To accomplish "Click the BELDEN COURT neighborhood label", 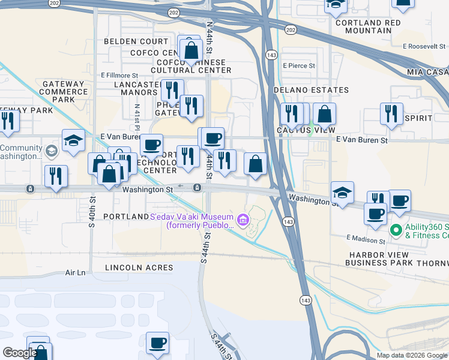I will tap(136, 41).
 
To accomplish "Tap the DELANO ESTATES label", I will tap(311, 90).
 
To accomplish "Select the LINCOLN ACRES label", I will tap(139, 267).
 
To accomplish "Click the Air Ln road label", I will tap(76, 272).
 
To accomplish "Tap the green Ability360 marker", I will tap(396, 230).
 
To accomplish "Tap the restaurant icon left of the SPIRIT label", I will tap(391, 113).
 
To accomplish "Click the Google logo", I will tap(20, 353).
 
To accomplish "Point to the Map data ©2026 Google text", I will tap(411, 355).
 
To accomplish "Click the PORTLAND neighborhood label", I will tap(126, 216).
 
